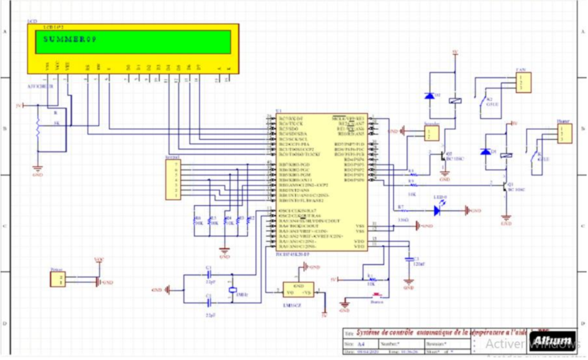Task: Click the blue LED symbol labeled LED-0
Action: (437, 210)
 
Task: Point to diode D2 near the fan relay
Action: (429, 96)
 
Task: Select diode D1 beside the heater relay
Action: (486, 151)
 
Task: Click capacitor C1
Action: (209, 275)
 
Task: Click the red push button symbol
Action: (377, 294)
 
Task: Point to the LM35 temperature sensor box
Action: (298, 290)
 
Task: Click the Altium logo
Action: (553, 340)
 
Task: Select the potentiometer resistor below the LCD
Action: (38, 129)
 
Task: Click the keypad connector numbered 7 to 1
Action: (174, 180)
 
